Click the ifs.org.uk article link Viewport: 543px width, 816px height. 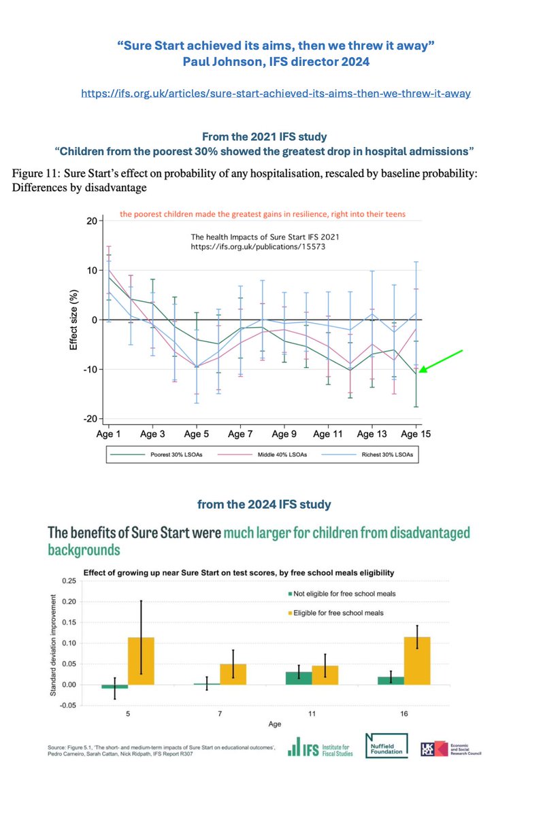point(275,93)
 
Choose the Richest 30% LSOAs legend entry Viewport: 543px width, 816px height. point(367,454)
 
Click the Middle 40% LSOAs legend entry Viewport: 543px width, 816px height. point(265,454)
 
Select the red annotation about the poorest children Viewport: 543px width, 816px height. point(263,214)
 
